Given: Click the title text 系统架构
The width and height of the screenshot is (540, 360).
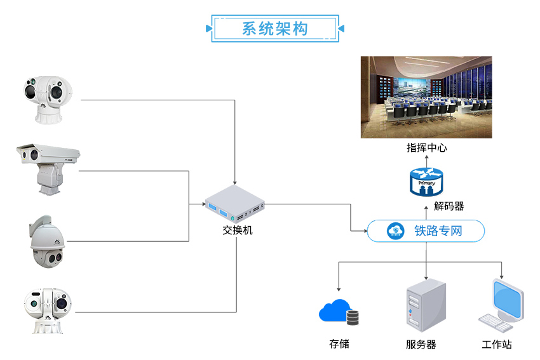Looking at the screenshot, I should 274,29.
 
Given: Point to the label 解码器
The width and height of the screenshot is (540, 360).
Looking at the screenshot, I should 449,206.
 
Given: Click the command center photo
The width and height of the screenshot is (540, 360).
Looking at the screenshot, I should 427,97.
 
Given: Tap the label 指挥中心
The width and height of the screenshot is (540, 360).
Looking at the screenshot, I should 427,148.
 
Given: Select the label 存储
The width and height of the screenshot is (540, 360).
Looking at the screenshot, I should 339,344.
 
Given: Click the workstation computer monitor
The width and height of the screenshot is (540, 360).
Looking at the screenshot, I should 509,300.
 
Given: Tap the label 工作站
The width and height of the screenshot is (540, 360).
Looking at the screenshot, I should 496,345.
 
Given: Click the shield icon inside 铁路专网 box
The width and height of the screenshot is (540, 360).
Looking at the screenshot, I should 395,230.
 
